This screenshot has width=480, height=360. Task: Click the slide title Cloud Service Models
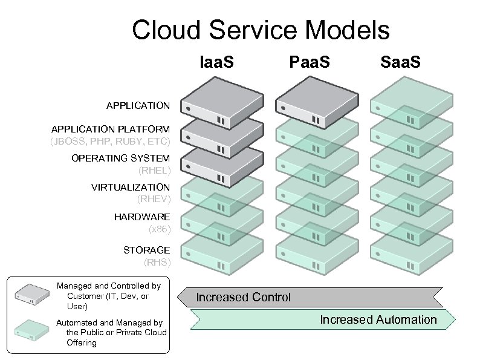(x=261, y=30)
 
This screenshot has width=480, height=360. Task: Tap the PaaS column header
(x=310, y=62)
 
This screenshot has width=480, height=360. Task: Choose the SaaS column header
(x=400, y=62)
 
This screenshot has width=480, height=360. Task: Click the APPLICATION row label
(x=138, y=106)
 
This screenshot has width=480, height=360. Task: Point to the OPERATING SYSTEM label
(x=120, y=158)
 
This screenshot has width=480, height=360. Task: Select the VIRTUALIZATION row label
(x=131, y=187)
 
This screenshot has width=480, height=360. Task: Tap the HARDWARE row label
(x=142, y=217)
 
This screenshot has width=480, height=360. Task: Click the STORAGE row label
(x=146, y=250)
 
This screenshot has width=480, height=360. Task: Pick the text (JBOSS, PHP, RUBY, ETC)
(x=111, y=142)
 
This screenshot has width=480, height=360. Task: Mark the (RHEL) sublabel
(x=155, y=170)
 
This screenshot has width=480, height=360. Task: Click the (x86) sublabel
(x=160, y=229)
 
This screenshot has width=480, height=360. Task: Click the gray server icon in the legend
(x=32, y=293)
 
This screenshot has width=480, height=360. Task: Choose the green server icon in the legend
(x=32, y=330)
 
